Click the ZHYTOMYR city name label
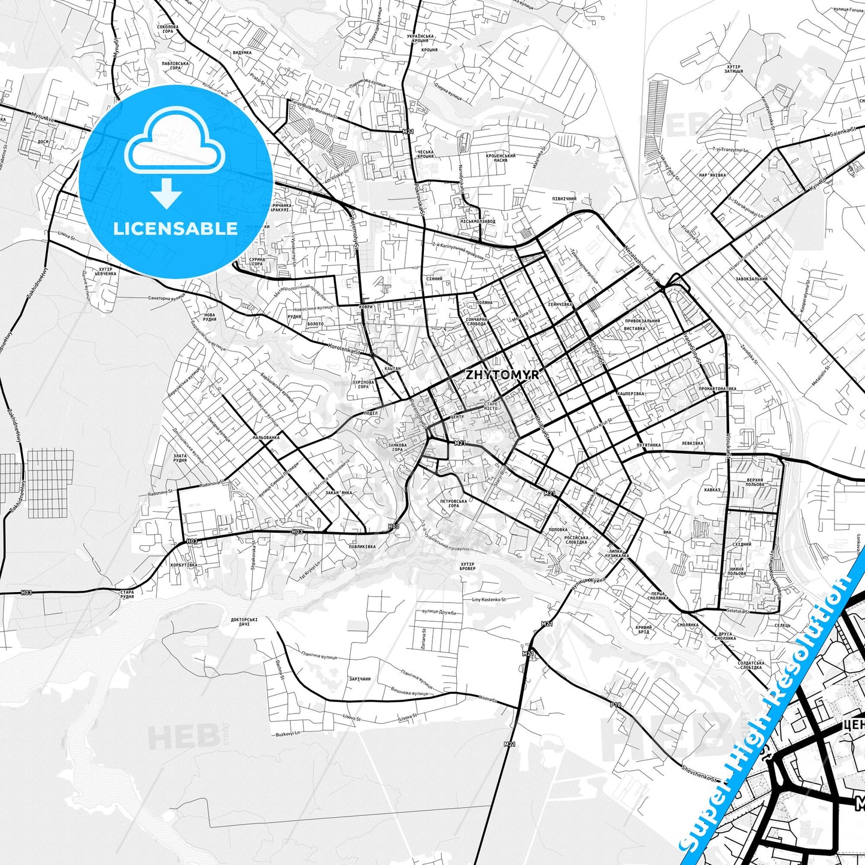click(x=502, y=375)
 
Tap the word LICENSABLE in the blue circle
click(x=175, y=229)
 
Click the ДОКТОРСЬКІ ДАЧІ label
click(x=244, y=622)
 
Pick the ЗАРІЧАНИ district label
click(x=360, y=679)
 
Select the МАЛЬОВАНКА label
click(x=266, y=438)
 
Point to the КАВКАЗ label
click(x=712, y=490)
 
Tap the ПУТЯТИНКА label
click(x=649, y=445)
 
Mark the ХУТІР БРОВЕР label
click(x=467, y=566)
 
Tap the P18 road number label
click(x=616, y=705)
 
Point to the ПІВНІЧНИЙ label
click(x=564, y=199)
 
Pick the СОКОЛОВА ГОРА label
click(x=168, y=29)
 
